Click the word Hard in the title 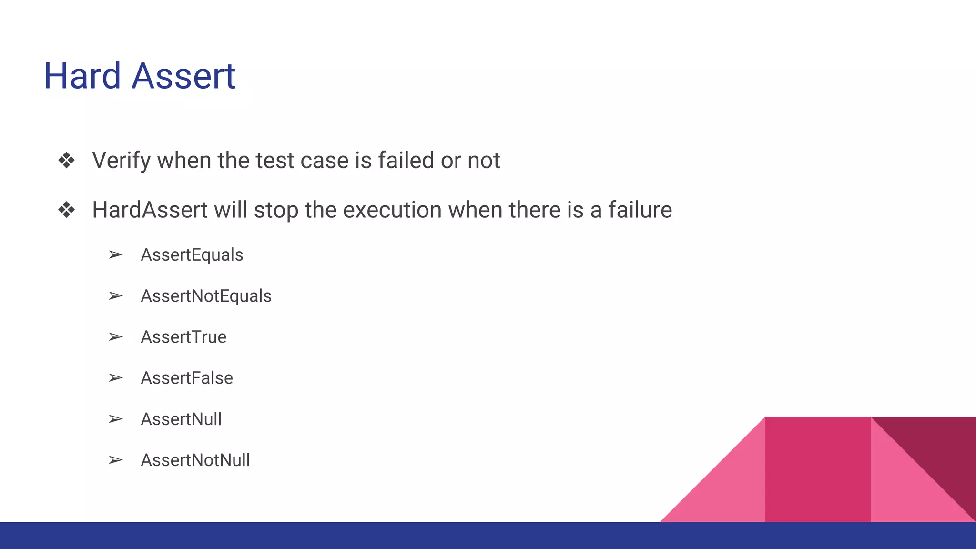click(82, 76)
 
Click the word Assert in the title click(183, 76)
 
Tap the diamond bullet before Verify click(66, 161)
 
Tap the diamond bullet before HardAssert click(66, 210)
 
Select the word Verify click(122, 161)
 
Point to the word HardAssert click(150, 210)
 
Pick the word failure click(640, 210)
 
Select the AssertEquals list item click(192, 255)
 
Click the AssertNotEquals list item click(206, 296)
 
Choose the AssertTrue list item click(183, 337)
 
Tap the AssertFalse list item click(187, 378)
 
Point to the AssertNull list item click(181, 419)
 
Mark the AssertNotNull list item click(195, 460)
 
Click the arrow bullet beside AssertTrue click(115, 337)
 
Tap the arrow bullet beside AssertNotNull click(115, 460)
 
